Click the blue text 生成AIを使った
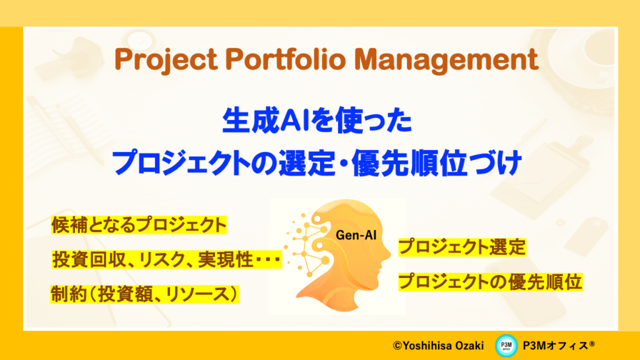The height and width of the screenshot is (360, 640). (x=317, y=121)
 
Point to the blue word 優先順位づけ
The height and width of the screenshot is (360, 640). (x=437, y=163)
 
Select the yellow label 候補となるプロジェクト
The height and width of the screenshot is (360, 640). (x=139, y=225)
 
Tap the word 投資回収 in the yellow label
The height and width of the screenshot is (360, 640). (x=89, y=259)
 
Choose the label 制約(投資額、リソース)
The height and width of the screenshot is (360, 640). (x=144, y=294)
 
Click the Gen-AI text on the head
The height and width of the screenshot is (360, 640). (x=356, y=235)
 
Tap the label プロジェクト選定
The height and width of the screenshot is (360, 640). (x=462, y=247)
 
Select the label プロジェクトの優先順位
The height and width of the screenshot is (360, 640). (x=490, y=282)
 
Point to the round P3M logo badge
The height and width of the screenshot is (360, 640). (x=506, y=346)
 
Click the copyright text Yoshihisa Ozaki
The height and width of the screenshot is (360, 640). (x=438, y=346)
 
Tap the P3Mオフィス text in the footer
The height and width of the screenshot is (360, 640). (x=556, y=346)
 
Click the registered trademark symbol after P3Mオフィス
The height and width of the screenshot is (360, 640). (x=592, y=343)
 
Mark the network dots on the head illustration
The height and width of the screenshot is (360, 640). (x=307, y=245)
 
